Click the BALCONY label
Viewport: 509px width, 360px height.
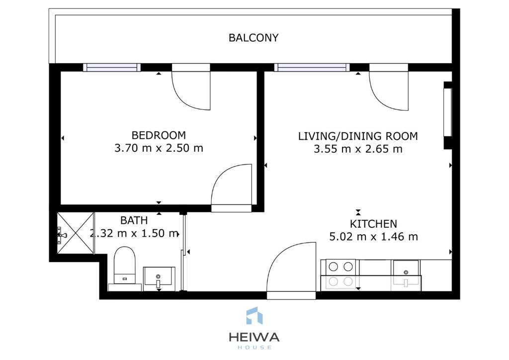[x=254, y=38]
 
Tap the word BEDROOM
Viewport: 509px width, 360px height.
[x=159, y=135]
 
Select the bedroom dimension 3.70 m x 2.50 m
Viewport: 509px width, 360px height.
[x=159, y=148]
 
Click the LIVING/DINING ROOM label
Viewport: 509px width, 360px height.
[x=358, y=136]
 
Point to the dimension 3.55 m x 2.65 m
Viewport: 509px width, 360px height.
[x=358, y=149]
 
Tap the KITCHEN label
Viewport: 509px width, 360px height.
[x=373, y=224]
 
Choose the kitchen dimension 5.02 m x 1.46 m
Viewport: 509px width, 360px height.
[x=373, y=237]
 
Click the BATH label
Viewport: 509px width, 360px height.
[x=134, y=220]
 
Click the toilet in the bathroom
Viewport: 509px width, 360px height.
[x=125, y=266]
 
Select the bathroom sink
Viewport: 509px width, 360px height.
[x=159, y=279]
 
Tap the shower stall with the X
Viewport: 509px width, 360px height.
[x=76, y=233]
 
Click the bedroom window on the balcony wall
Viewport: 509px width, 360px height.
[x=112, y=67]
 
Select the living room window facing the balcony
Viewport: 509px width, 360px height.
[x=312, y=67]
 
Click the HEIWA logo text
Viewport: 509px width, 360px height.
[x=254, y=337]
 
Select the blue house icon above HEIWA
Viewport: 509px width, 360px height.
[x=254, y=316]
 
